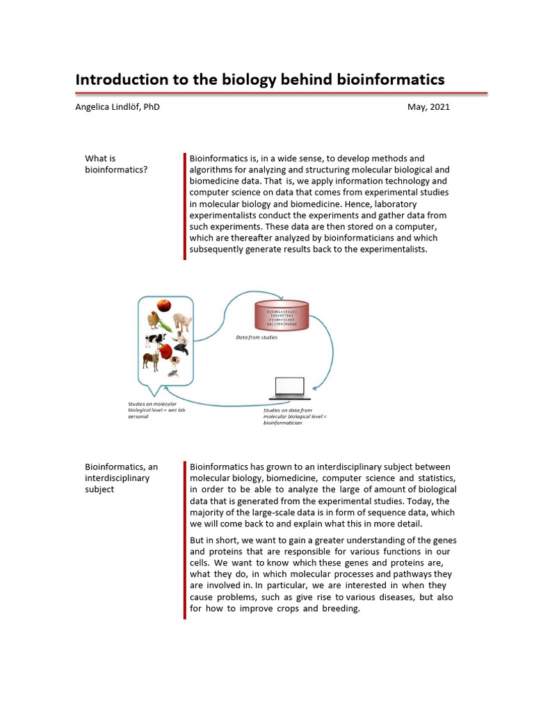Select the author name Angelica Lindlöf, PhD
click(x=118, y=107)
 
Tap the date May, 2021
click(x=430, y=107)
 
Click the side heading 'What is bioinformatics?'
click(x=115, y=164)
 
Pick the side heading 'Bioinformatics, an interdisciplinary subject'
click(x=122, y=478)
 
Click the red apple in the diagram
click(x=164, y=305)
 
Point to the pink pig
click(x=182, y=321)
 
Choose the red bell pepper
click(x=166, y=352)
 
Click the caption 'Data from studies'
click(x=257, y=338)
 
